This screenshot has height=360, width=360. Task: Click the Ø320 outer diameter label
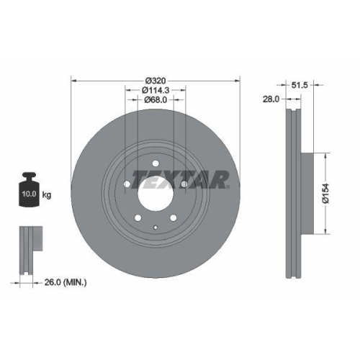pos(155,79)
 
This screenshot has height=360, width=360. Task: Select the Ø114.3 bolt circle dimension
pos(156,90)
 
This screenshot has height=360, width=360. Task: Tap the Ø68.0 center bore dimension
pos(156,100)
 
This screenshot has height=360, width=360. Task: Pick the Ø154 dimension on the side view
pos(325,192)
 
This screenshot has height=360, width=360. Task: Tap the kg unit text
pos(47,195)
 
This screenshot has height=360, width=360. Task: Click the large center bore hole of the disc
pos(155,190)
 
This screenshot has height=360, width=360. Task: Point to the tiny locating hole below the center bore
pos(156,227)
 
